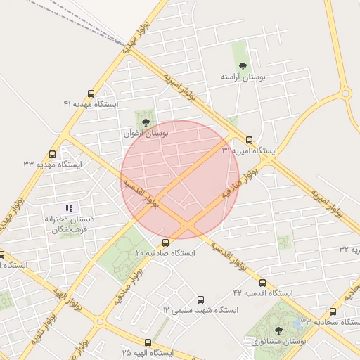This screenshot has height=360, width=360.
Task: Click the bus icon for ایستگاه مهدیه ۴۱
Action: pyautogui.click(x=91, y=94)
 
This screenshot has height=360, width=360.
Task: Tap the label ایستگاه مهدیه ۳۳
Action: pyautogui.click(x=53, y=165)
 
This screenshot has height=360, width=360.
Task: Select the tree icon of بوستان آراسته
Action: pyautogui.click(x=243, y=66)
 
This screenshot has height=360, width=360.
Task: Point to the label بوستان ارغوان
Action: pyautogui.click(x=146, y=133)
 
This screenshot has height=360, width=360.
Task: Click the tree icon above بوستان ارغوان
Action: pyautogui.click(x=146, y=122)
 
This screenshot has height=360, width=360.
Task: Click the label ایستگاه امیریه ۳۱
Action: pyautogui.click(x=249, y=151)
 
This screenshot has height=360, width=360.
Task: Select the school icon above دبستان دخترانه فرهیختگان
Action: pyautogui.click(x=69, y=207)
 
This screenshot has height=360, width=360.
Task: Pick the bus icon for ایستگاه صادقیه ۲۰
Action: pyautogui.click(x=166, y=243)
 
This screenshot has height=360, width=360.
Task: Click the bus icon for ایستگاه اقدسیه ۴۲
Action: pyautogui.click(x=262, y=283)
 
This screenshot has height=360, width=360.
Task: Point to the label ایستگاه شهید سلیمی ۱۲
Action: pyautogui.click(x=201, y=309)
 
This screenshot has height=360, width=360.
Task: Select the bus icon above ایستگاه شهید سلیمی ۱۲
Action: pyautogui.click(x=201, y=300)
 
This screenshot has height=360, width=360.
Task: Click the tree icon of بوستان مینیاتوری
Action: pyautogui.click(x=278, y=330)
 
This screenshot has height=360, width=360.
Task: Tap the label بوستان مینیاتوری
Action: pyautogui.click(x=278, y=341)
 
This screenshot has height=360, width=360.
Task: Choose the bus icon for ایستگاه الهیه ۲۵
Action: pyautogui.click(x=167, y=342)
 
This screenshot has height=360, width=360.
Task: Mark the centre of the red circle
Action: pyautogui.click(x=180, y=180)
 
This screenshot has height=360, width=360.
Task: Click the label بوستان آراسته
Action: pyautogui.click(x=243, y=76)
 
